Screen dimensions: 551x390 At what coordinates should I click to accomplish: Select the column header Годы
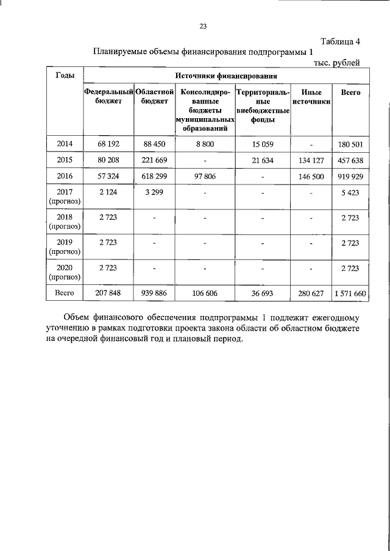[x=65, y=75]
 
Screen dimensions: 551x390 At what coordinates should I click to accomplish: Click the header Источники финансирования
[x=226, y=77]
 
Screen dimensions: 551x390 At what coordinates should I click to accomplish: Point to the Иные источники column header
[x=311, y=96]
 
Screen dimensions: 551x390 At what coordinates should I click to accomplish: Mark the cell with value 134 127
[x=311, y=160]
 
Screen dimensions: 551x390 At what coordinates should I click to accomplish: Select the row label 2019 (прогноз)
[x=65, y=245]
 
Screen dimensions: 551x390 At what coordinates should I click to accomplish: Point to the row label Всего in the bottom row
[x=65, y=293]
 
